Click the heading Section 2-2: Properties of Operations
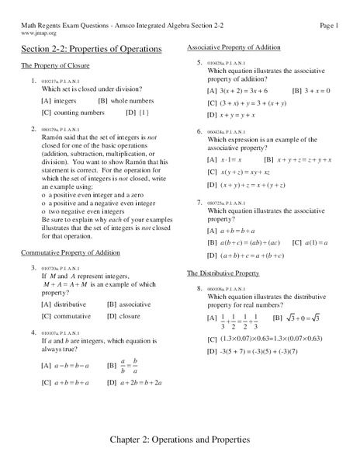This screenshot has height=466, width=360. point(91,49)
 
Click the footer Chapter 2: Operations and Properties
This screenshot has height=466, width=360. point(180,440)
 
